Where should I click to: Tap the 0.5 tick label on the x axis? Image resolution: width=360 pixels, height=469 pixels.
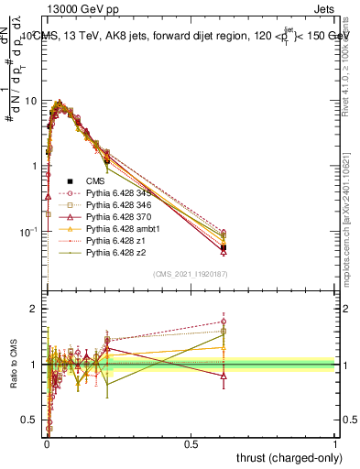coord(191,442)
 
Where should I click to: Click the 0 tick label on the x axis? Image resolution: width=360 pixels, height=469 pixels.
coord(47,442)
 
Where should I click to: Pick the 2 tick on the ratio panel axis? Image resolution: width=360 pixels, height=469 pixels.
coord(34,309)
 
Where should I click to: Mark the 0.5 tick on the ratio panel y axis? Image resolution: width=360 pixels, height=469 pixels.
coord(30,420)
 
